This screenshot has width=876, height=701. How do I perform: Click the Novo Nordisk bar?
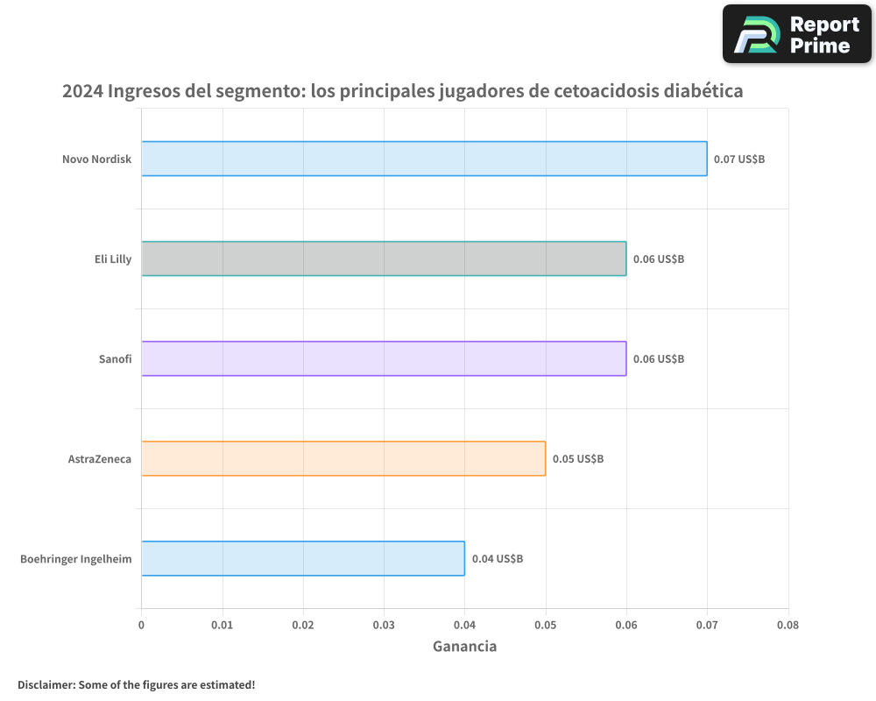(424, 159)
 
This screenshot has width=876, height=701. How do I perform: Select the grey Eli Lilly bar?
(384, 258)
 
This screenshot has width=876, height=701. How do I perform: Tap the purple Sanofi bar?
(384, 358)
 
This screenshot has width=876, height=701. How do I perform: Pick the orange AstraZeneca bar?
(343, 458)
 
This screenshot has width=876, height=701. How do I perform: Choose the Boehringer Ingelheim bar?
(303, 558)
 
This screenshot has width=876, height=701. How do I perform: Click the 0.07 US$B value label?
(739, 159)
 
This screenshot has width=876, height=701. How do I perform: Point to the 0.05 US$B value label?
(578, 459)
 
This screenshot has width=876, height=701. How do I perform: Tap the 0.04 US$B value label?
(498, 559)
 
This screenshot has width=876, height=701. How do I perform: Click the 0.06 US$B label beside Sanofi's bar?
(659, 359)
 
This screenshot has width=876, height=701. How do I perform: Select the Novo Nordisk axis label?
(96, 159)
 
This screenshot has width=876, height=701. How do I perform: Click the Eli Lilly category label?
(113, 259)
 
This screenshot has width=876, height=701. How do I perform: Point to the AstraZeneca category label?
(100, 459)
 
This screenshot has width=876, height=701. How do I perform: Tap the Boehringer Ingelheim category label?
(76, 559)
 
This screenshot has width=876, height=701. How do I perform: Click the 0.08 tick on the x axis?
(788, 625)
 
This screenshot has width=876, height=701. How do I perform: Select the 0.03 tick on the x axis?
(384, 625)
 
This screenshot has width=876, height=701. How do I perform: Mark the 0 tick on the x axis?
(141, 625)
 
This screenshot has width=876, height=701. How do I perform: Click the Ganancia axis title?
(464, 647)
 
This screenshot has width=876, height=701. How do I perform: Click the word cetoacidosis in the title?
(607, 91)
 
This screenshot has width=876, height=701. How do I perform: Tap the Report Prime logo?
(797, 34)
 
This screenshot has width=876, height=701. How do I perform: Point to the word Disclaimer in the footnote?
(46, 684)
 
